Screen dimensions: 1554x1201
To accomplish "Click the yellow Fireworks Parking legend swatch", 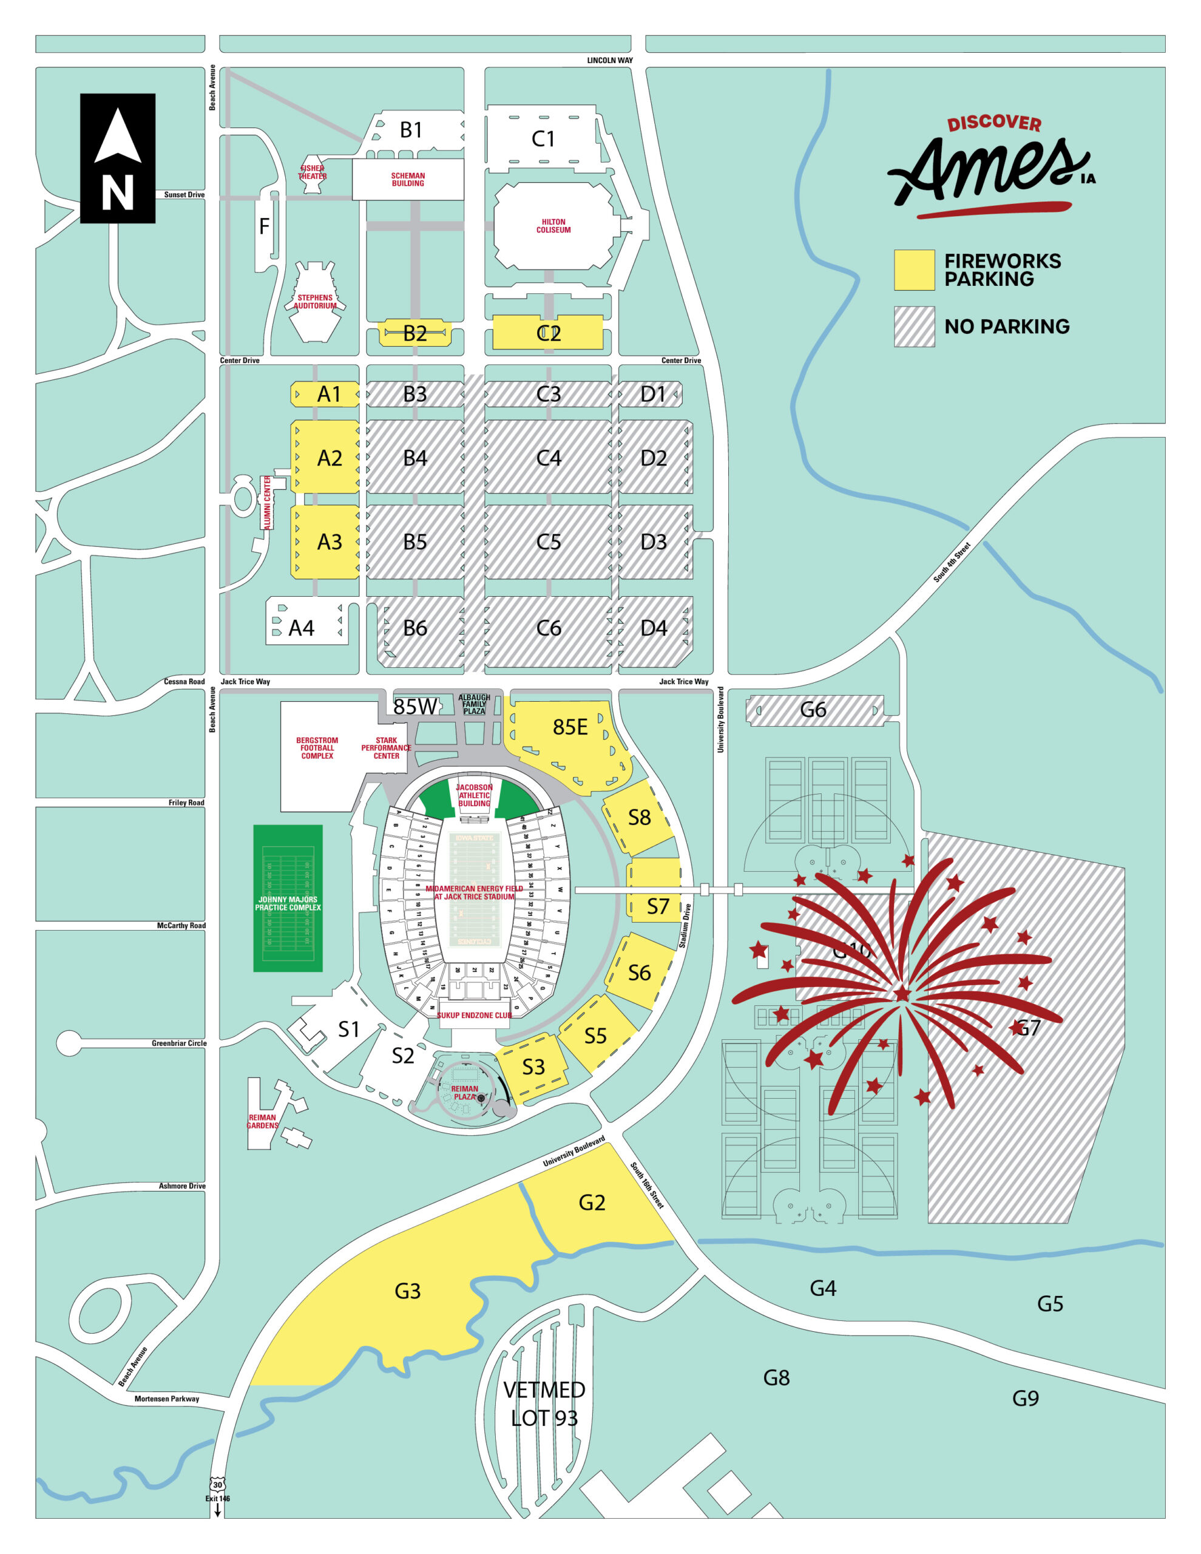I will pyautogui.click(x=913, y=270).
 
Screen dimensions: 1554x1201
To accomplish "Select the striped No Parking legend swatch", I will pyautogui.click(x=913, y=327).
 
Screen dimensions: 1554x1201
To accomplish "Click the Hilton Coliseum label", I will pyautogui.click(x=553, y=226).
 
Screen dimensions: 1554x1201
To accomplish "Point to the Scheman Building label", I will pyautogui.click(x=408, y=179).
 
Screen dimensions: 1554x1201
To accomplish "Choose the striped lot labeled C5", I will pyautogui.click(x=548, y=542).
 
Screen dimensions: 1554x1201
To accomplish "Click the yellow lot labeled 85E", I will pyautogui.click(x=569, y=727).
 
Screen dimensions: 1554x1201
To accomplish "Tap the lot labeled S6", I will pyautogui.click(x=639, y=972).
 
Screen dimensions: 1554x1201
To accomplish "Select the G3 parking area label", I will pyautogui.click(x=407, y=1291).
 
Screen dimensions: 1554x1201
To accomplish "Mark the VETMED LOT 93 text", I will pyautogui.click(x=544, y=1403).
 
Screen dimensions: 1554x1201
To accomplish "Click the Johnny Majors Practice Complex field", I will pyautogui.click(x=288, y=898).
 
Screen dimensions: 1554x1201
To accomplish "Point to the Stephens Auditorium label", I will pyautogui.click(x=314, y=302).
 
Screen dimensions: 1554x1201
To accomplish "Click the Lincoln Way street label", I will pyautogui.click(x=609, y=61).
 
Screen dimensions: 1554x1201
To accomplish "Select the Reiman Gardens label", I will pyautogui.click(x=263, y=1121).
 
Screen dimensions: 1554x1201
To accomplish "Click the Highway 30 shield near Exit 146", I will pyautogui.click(x=217, y=1485).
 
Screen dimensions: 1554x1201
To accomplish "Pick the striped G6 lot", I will pyautogui.click(x=813, y=710).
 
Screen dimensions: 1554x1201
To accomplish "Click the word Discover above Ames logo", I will pyautogui.click(x=993, y=123).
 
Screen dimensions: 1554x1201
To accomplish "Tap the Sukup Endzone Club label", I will pyautogui.click(x=474, y=1016).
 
